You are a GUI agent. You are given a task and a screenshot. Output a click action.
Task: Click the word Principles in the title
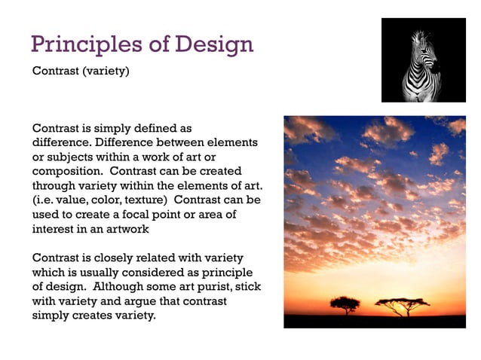click(x=87, y=44)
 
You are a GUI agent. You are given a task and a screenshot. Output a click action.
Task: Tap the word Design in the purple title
click(x=214, y=45)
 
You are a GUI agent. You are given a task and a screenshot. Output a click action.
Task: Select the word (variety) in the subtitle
click(x=106, y=71)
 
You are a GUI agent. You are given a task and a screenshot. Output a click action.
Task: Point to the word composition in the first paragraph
click(x=67, y=172)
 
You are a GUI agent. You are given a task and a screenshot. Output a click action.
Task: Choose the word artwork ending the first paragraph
click(x=127, y=229)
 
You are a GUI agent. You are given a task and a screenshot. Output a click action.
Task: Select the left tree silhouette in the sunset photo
click(x=345, y=305)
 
